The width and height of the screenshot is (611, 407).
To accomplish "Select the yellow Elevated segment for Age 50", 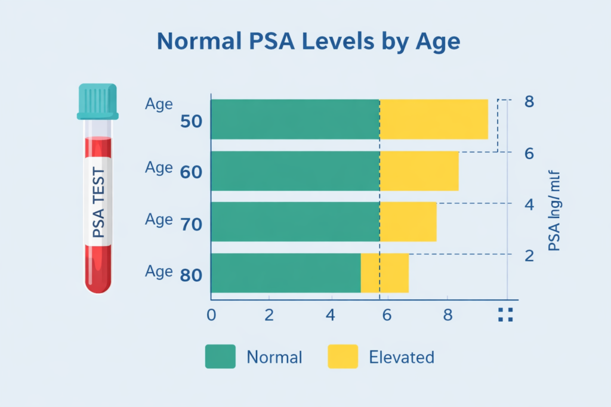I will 434,119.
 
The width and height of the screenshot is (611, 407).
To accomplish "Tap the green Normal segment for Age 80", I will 286,273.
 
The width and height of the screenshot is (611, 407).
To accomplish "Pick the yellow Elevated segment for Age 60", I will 419,171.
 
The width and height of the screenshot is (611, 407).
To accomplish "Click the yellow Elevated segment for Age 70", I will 408,222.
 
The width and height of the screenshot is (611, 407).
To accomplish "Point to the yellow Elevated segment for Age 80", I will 385,273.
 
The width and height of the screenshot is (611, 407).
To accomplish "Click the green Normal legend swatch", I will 220,357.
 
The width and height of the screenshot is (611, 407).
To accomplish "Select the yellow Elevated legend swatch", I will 342,357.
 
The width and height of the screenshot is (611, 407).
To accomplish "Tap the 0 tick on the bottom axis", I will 211,315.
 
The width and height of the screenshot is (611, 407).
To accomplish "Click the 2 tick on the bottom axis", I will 269,315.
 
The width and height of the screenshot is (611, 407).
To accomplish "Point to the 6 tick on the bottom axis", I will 386,315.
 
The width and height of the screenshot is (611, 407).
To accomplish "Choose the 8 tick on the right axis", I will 529,101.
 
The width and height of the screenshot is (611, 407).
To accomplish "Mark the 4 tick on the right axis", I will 529,204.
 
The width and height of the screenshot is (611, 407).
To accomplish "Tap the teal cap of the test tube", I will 98,101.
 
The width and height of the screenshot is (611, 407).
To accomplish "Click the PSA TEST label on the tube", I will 98,202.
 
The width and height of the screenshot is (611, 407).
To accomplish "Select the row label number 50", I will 191,122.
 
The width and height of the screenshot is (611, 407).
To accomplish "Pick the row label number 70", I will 191,225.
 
